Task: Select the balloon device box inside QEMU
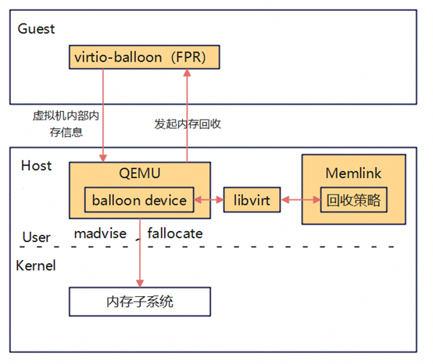(139, 201)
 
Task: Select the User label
(36, 237)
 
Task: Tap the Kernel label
(36, 266)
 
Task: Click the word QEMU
(140, 173)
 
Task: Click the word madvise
(100, 234)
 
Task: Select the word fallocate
(175, 234)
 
